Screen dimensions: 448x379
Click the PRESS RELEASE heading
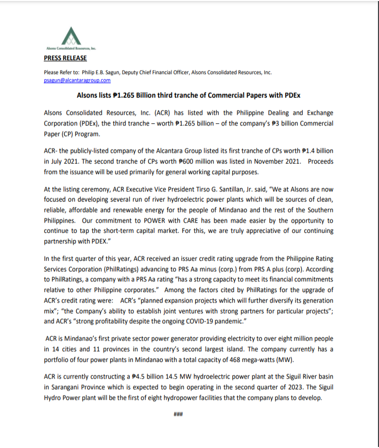65,58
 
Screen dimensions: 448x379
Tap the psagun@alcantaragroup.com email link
77,81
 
